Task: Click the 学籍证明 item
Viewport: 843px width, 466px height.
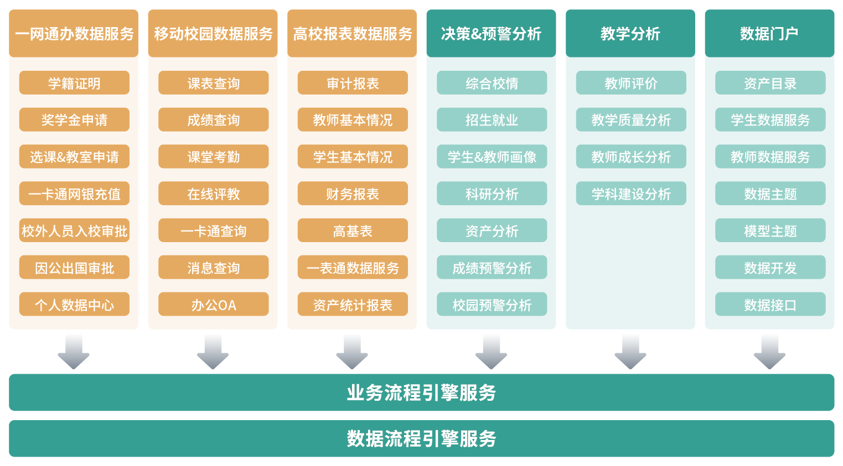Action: [74, 83]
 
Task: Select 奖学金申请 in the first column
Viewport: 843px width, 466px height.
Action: [74, 120]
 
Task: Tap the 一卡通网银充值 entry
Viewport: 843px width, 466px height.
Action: [74, 194]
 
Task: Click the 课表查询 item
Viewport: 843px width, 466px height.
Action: [213, 83]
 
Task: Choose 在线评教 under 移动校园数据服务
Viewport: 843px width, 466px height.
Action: [213, 194]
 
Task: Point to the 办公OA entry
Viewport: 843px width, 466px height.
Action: [213, 305]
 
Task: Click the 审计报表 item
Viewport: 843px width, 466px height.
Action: [353, 83]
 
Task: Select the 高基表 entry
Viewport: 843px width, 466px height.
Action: [353, 231]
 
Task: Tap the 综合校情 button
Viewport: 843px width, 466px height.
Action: [492, 83]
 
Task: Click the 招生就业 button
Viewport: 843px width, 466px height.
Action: [492, 120]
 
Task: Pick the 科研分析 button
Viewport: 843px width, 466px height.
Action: [492, 194]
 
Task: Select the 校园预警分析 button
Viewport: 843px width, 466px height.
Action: [492, 305]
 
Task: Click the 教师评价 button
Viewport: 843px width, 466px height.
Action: [630, 83]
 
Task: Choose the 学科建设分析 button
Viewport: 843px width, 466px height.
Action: [630, 194]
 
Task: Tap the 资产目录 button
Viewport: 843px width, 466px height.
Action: [770, 83]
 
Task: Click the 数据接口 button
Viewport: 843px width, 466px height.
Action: [770, 305]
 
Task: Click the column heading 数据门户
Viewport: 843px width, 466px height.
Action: [769, 34]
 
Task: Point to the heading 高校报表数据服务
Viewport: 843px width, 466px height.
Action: [353, 34]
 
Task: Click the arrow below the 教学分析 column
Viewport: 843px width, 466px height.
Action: [630, 350]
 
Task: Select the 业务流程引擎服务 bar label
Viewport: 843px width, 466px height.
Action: [421, 392]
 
